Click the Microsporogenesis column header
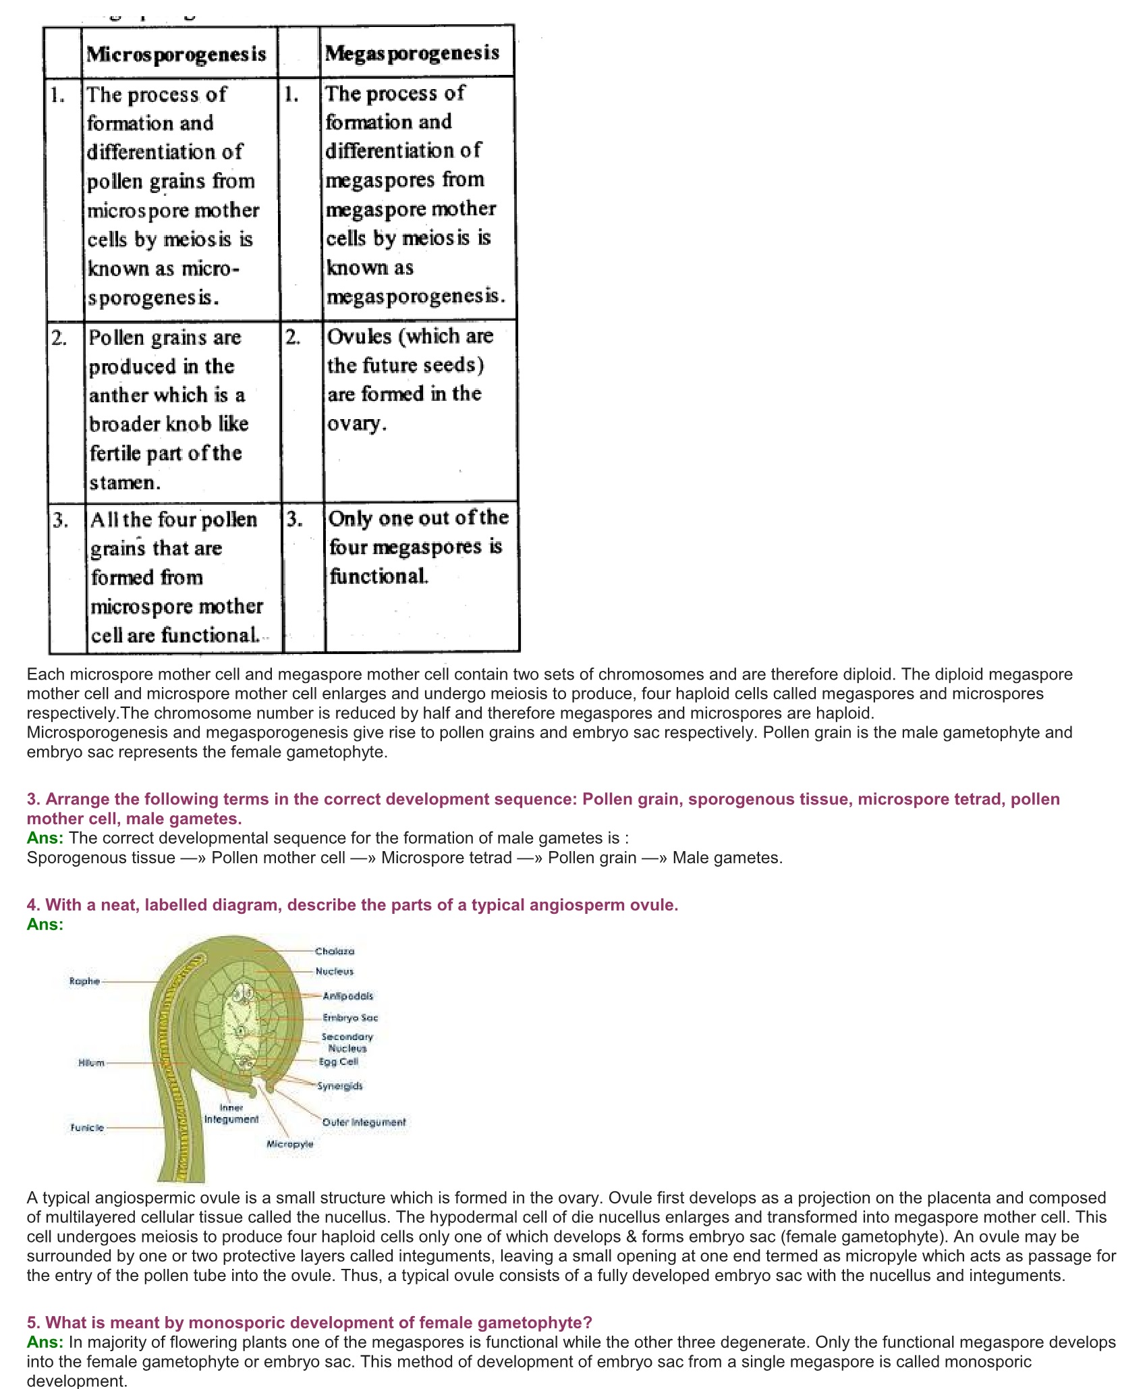(x=176, y=54)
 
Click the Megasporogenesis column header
(x=412, y=53)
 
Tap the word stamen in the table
(x=124, y=483)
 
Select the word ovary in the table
(x=356, y=423)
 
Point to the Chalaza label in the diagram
(x=335, y=951)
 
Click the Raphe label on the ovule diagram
(x=84, y=981)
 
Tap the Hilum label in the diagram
(x=92, y=1063)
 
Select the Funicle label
(x=88, y=1128)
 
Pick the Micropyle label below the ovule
(x=289, y=1144)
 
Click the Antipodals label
(x=347, y=996)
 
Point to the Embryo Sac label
(x=350, y=1018)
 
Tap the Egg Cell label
(x=339, y=1062)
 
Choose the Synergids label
(x=340, y=1086)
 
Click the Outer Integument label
(x=364, y=1122)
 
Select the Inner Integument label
(x=231, y=1114)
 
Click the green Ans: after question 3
(x=45, y=838)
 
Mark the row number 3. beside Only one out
(x=294, y=519)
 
